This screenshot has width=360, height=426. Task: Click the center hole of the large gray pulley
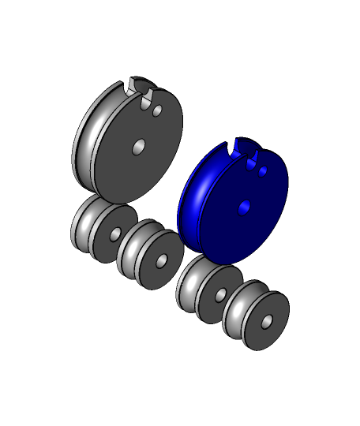(x=138, y=147)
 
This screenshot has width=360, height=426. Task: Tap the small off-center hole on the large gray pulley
(x=157, y=111)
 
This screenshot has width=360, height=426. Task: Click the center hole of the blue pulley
(x=244, y=207)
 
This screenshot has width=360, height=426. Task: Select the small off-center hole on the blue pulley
(x=263, y=171)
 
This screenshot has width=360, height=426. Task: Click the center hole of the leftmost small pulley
(x=115, y=234)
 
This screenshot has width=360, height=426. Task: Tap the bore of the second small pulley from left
(x=161, y=261)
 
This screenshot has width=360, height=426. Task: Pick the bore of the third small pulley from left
(x=221, y=295)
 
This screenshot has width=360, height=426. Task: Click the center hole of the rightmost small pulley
(x=267, y=322)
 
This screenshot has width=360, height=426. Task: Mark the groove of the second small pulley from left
(x=131, y=249)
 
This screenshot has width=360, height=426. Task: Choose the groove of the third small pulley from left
(x=190, y=284)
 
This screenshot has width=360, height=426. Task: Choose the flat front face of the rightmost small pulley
(x=261, y=334)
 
